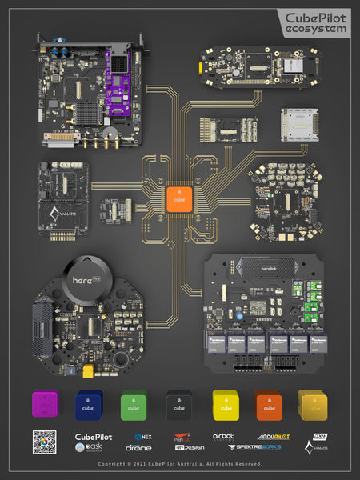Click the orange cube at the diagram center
coord(180,198)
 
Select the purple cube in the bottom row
coord(46,405)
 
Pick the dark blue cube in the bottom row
coord(90,405)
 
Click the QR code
coord(44,442)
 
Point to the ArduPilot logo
coord(273,438)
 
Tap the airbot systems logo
coord(224,438)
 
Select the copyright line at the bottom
coord(180,464)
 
